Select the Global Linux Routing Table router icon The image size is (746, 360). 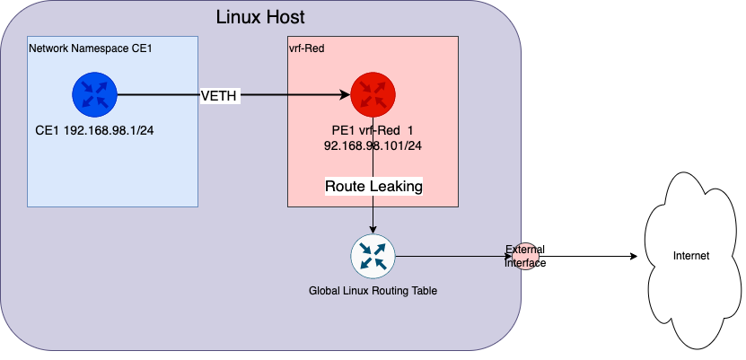click(373, 256)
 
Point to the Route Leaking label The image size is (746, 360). click(373, 186)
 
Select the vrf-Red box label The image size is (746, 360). click(307, 47)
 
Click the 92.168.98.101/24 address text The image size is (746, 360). click(373, 144)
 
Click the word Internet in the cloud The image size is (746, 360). click(691, 256)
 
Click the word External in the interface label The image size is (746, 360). click(524, 250)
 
